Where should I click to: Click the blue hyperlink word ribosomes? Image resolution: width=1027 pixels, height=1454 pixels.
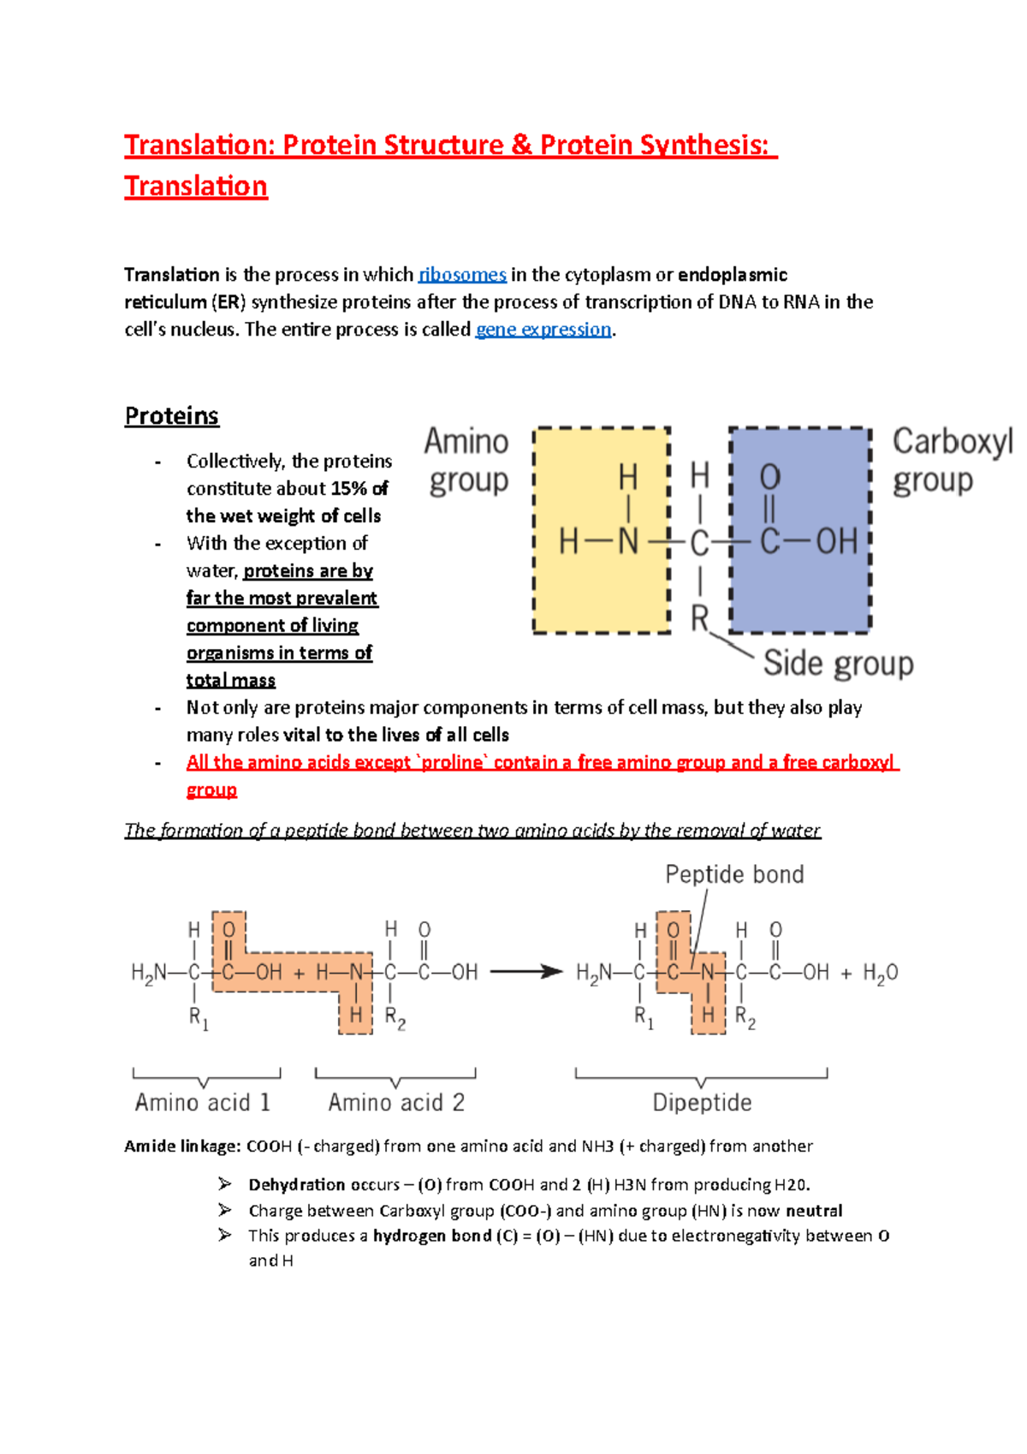pyautogui.click(x=462, y=275)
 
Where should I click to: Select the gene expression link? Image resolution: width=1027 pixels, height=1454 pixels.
pyautogui.click(x=543, y=330)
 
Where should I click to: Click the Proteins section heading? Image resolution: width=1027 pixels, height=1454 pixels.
pyautogui.click(x=172, y=416)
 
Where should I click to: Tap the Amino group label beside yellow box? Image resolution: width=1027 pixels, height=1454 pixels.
pyautogui.click(x=467, y=461)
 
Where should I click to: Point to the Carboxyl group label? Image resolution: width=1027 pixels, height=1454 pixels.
pyautogui.click(x=950, y=461)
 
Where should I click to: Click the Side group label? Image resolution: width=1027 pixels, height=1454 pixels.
pyautogui.click(x=838, y=664)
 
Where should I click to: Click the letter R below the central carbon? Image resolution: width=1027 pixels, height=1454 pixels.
pyautogui.click(x=700, y=617)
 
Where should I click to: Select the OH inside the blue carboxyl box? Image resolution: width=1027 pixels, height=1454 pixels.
pyautogui.click(x=836, y=541)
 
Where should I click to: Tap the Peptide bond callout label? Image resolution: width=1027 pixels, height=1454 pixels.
pyautogui.click(x=734, y=874)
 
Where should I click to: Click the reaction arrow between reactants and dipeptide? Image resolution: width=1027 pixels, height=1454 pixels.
pyautogui.click(x=525, y=971)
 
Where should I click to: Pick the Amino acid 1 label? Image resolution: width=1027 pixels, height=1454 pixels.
pyautogui.click(x=203, y=1102)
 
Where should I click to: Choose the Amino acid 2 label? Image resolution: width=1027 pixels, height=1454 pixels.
pyautogui.click(x=396, y=1102)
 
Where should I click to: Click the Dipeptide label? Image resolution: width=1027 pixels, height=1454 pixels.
pyautogui.click(x=702, y=1102)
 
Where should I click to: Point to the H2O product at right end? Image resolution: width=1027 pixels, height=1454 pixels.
pyautogui.click(x=880, y=973)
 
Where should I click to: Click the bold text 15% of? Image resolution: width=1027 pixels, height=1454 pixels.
pyautogui.click(x=359, y=489)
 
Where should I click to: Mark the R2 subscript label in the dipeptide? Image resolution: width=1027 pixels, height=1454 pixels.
pyautogui.click(x=745, y=1018)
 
